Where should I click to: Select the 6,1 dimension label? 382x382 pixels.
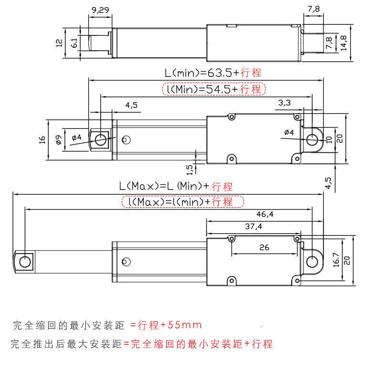point(74,43)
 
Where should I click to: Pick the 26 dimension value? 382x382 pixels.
point(264,247)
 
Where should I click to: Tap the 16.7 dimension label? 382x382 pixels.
point(337,261)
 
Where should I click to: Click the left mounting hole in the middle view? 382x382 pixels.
point(100,139)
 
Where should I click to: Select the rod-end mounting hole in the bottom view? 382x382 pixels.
point(24,261)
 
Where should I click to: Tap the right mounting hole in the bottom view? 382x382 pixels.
point(312,261)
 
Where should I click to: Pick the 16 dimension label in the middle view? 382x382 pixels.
point(42,139)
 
